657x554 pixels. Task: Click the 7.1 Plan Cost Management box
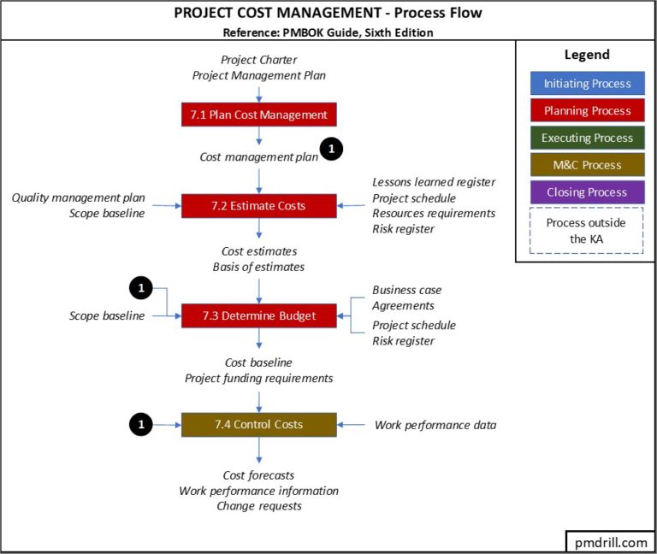point(258,115)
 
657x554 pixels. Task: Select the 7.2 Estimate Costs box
point(258,206)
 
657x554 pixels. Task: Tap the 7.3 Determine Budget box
point(258,315)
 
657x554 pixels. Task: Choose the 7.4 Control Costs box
point(258,424)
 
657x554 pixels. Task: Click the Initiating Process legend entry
point(587,84)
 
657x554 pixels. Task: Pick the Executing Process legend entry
point(587,138)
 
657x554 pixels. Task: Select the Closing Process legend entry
point(587,192)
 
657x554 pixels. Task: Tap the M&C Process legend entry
point(587,165)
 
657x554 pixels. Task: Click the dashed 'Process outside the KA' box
point(587,230)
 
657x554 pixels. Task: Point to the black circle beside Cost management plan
point(331,150)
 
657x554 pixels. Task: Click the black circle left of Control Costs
point(141,423)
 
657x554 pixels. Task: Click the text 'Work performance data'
point(435,425)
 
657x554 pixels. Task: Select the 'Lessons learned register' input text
point(434,182)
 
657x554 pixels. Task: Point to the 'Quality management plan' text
point(78,197)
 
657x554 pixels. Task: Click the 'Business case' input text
point(407,291)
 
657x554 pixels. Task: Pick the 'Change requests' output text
point(259,506)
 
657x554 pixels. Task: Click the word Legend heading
point(587,55)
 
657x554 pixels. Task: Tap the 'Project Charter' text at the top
point(259,60)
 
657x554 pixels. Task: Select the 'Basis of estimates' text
point(258,267)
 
